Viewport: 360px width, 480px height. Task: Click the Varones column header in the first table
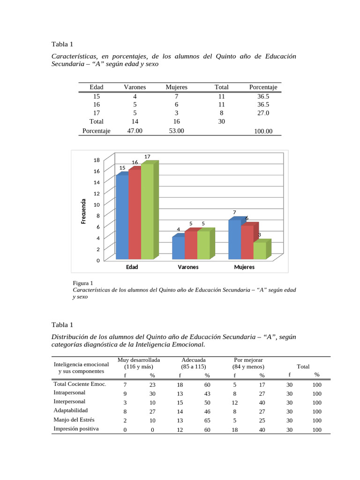click(x=135, y=87)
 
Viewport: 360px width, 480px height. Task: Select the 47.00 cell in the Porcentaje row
click(x=135, y=131)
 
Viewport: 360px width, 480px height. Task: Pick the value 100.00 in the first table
click(x=263, y=131)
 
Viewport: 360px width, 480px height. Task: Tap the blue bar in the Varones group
click(x=178, y=248)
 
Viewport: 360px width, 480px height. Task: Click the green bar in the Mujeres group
click(x=260, y=250)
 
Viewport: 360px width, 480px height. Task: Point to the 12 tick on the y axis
click(x=97, y=194)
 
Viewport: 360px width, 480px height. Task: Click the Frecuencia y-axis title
click(x=83, y=211)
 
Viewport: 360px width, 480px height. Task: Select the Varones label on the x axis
click(x=188, y=267)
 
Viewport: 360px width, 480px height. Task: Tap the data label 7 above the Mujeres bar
click(x=234, y=212)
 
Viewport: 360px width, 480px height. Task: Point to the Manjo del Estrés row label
click(x=75, y=420)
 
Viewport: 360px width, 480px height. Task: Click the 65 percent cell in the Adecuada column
click(x=207, y=420)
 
